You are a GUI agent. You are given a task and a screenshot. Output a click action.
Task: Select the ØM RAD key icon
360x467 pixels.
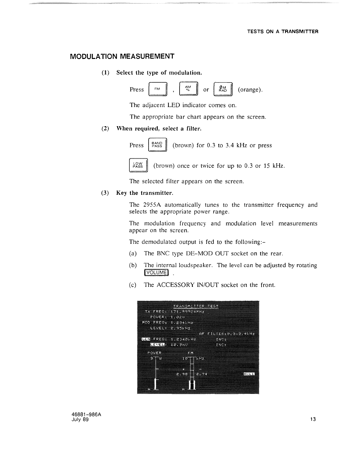coord(223,89)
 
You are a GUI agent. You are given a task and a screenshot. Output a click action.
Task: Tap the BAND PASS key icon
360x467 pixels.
coord(157,145)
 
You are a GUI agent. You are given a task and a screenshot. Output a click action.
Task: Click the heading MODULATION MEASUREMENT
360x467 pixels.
coord(122,56)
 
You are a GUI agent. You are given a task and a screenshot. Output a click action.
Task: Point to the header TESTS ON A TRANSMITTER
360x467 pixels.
coord(282,32)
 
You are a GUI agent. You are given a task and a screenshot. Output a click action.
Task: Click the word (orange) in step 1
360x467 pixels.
coord(250,90)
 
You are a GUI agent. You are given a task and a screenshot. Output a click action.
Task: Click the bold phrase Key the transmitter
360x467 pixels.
coord(144,193)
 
